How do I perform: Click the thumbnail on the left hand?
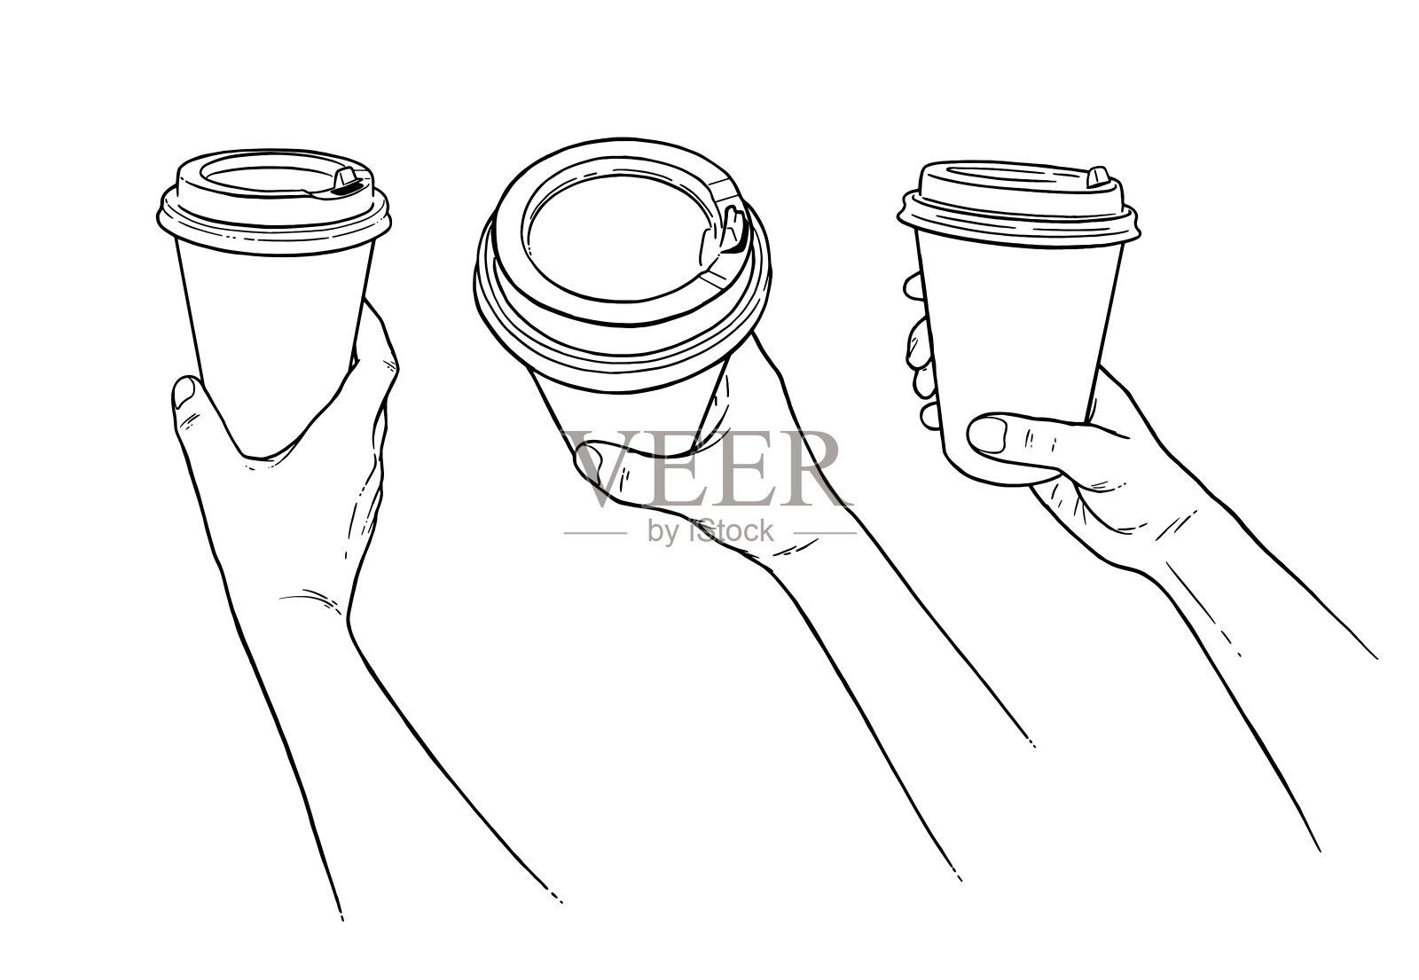pos(185,391)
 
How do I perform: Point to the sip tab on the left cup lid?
pos(348,180)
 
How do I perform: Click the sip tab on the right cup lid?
pos(1098,178)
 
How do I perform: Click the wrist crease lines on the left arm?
pos(310,599)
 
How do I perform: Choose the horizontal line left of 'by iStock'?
pos(595,533)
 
